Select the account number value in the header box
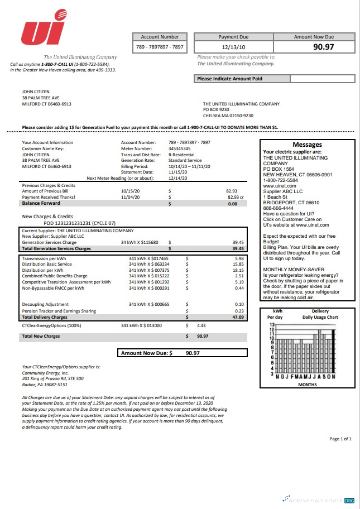(x=160, y=47)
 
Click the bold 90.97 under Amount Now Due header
(x=323, y=47)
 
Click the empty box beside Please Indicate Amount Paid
(x=322, y=79)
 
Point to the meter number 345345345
(x=179, y=148)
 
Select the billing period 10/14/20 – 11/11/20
(x=190, y=166)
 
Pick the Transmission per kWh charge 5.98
(x=239, y=258)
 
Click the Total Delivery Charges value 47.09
(x=238, y=317)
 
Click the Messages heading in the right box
(x=307, y=145)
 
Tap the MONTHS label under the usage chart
(x=307, y=385)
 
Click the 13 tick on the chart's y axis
(x=272, y=324)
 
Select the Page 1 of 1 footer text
(x=340, y=439)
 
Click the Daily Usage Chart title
(x=320, y=317)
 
